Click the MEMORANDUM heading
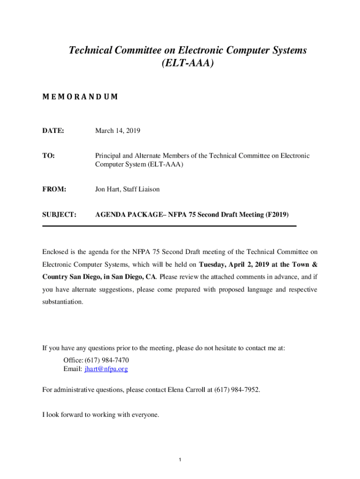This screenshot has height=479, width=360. point(80,97)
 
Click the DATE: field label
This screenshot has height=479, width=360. point(52,131)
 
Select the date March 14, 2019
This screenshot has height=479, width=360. point(118,131)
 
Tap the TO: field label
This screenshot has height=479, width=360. point(49,156)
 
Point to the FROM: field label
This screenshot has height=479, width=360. point(54,189)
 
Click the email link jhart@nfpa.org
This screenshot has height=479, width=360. point(106,369)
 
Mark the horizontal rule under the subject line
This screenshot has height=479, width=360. point(169,226)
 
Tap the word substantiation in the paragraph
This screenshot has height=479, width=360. point(63,302)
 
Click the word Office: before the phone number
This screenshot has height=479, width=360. point(73,360)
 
